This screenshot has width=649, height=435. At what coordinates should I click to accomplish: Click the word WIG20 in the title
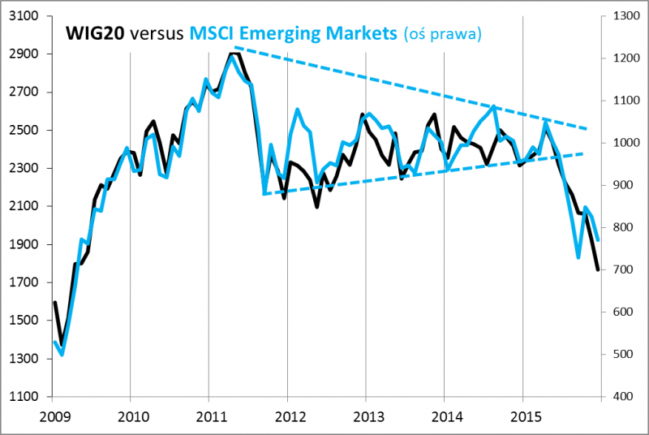[94, 34]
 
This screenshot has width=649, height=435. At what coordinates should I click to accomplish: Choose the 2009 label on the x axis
[52, 416]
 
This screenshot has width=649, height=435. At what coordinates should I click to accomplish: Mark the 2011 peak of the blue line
[231, 56]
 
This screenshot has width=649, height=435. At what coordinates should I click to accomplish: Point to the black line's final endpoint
[598, 269]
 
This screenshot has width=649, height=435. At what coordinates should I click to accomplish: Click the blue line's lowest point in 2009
[62, 355]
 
